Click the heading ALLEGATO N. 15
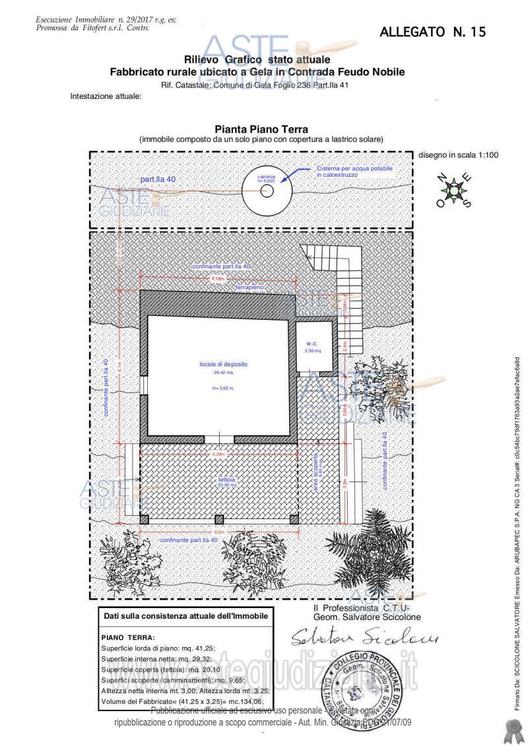(433, 32)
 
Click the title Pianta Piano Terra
(261, 130)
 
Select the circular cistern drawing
(267, 191)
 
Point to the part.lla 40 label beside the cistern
(158, 179)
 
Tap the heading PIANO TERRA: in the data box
(128, 638)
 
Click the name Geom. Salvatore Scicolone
(358, 617)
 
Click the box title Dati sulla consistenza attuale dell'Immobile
(187, 616)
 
